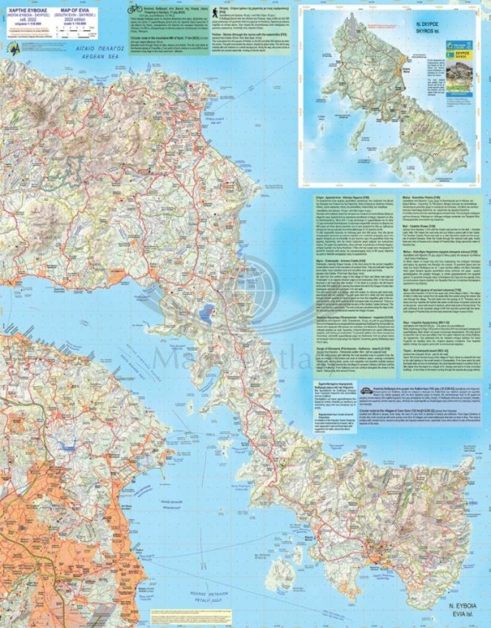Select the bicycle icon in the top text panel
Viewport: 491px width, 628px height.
click(135, 8)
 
